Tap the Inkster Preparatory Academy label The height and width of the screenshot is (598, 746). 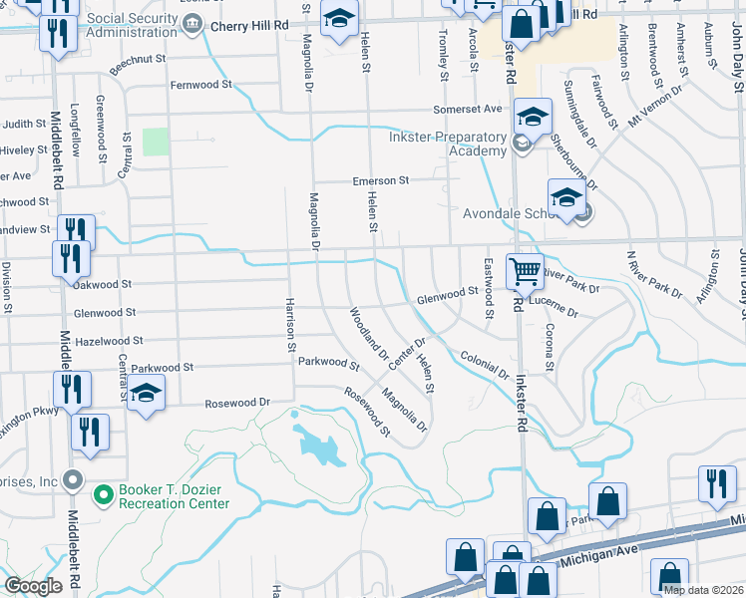click(x=449, y=144)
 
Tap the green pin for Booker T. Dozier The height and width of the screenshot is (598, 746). click(x=103, y=492)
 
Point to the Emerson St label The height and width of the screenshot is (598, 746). click(x=381, y=181)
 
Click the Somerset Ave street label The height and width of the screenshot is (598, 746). click(x=467, y=109)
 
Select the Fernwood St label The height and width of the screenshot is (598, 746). click(x=201, y=86)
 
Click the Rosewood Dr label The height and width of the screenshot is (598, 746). click(x=237, y=404)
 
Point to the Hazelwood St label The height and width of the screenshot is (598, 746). click(x=109, y=341)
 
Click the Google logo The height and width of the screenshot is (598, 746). click(x=33, y=586)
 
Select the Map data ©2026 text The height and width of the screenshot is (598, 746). click(x=702, y=590)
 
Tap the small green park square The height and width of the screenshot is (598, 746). click(x=156, y=142)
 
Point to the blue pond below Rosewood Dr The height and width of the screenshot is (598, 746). click(x=320, y=446)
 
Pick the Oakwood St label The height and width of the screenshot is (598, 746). click(x=103, y=285)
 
